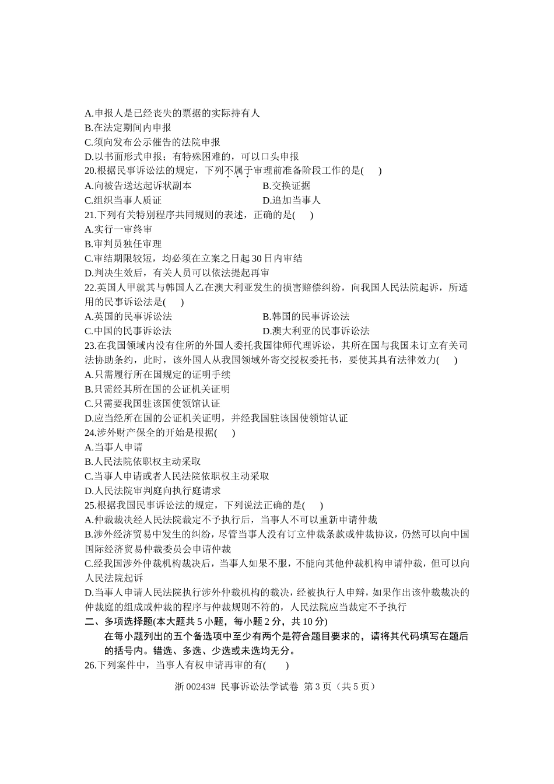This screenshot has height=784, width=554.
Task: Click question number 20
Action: [90, 171]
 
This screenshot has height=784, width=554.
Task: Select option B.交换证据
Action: [286, 185]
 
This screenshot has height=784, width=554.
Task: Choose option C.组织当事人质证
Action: [123, 200]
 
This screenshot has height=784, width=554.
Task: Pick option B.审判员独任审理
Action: [123, 244]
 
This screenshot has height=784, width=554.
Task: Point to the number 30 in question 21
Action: [255, 258]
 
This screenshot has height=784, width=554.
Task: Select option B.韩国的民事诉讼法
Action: [306, 316]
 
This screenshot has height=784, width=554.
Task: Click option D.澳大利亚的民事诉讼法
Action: [316, 331]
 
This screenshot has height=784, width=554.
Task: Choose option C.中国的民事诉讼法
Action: [128, 331]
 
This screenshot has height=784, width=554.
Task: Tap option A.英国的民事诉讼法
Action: [128, 316]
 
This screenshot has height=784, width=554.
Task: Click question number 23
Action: [90, 345]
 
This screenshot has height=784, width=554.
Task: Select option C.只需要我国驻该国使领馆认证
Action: [152, 404]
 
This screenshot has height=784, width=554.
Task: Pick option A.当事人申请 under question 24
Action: [114, 447]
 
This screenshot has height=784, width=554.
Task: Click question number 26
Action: [90, 665]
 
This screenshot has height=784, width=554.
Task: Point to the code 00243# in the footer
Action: [204, 687]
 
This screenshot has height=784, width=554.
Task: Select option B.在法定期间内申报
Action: [128, 128]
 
